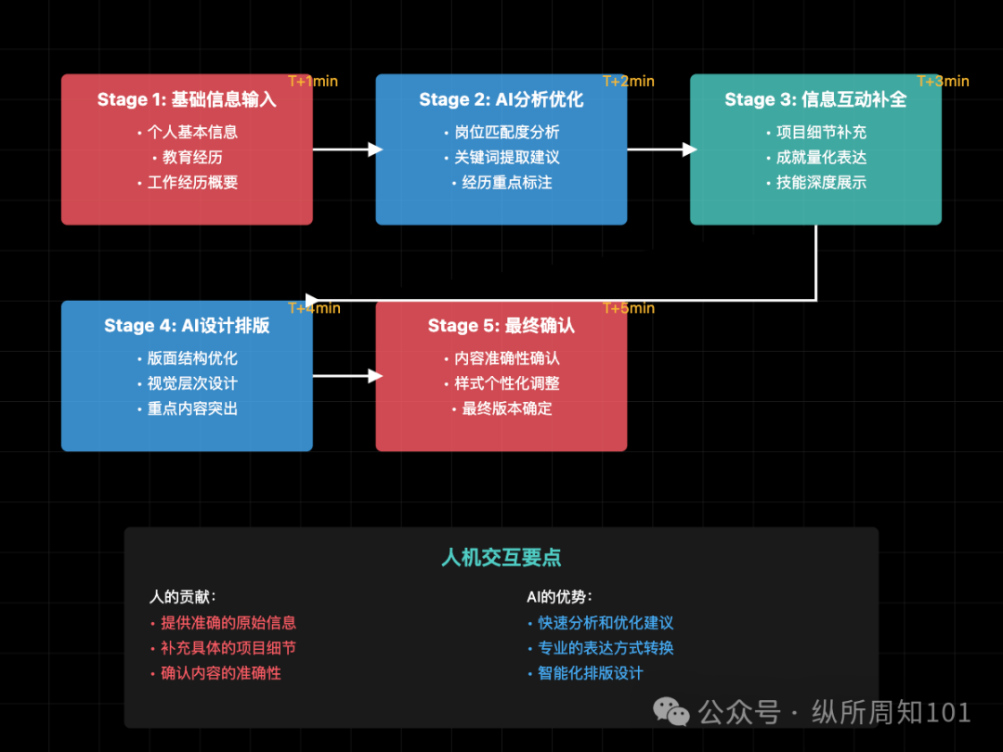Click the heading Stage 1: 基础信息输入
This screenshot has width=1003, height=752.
click(x=187, y=99)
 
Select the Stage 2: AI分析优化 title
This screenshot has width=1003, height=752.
click(x=501, y=99)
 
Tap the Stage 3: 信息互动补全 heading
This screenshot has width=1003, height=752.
click(x=815, y=99)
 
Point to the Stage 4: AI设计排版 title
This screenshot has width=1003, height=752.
click(x=187, y=326)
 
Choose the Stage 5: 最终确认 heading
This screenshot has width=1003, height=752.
click(x=501, y=326)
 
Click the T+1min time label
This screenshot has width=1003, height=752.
click(x=313, y=82)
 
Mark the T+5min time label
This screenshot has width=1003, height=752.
click(x=629, y=308)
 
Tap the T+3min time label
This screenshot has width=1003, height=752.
click(x=943, y=82)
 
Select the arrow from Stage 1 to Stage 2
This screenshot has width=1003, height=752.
click(x=347, y=149)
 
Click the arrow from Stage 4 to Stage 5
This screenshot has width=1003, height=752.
click(x=347, y=376)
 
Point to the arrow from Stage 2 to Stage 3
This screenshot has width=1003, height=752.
click(x=661, y=149)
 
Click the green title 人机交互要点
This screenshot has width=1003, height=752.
click(x=501, y=558)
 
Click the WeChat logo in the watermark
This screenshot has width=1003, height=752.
click(x=671, y=712)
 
